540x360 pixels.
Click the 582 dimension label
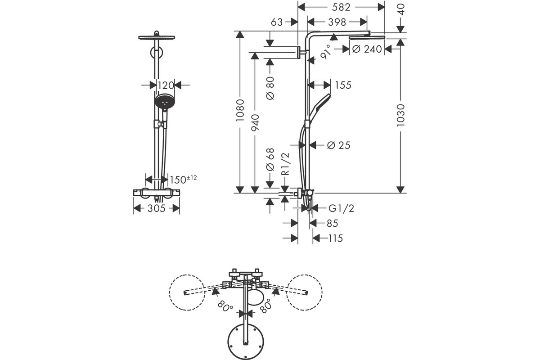[341, 7]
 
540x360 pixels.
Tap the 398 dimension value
[337, 22]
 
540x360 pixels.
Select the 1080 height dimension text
[240, 110]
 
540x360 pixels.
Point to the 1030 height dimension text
[400, 115]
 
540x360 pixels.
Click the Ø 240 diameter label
[367, 49]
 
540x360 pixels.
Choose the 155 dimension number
[343, 85]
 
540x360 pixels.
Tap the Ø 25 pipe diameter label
[339, 145]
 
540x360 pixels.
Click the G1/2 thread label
[342, 208]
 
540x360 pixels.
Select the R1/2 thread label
[285, 164]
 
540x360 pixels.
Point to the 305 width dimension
[157, 208]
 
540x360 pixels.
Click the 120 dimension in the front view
[166, 85]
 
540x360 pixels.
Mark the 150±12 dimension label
[184, 180]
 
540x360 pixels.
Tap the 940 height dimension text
[255, 123]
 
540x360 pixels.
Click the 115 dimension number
[336, 238]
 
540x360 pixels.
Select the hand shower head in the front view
[165, 102]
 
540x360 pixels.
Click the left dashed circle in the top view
[187, 292]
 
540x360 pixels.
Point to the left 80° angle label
[225, 306]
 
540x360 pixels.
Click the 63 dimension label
[276, 22]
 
